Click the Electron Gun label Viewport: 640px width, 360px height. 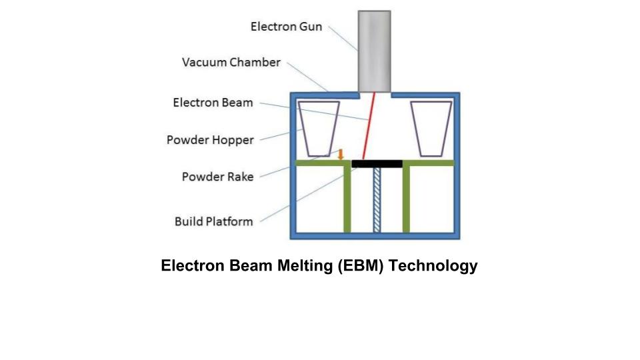[x=286, y=27]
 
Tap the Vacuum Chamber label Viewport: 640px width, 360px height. [x=231, y=63]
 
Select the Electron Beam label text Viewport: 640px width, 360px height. [x=213, y=103]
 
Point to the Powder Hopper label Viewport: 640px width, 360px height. [x=210, y=140]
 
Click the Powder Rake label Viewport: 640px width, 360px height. [x=217, y=177]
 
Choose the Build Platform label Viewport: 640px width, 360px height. [x=213, y=221]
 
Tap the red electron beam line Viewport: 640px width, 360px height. [x=369, y=127]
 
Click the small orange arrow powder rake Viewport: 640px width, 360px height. [x=341, y=155]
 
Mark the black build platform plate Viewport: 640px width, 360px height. [x=377, y=163]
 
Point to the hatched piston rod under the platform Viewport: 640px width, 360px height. [x=377, y=199]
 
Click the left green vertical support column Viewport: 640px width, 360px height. [x=347, y=199]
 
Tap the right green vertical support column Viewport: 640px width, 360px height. [x=406, y=199]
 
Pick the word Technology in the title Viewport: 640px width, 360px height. [x=433, y=266]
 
